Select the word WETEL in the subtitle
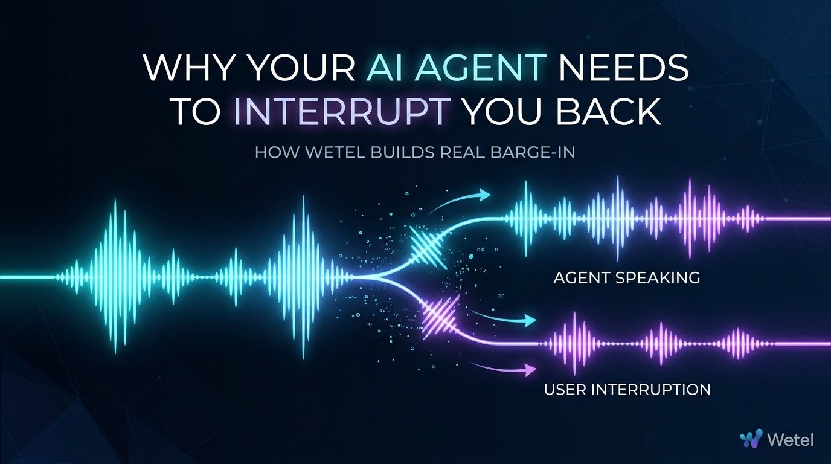[x=336, y=152]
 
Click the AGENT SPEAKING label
[x=627, y=278]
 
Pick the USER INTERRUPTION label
[x=627, y=390]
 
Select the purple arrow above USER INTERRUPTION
[x=502, y=367]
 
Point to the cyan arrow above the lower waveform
[x=502, y=318]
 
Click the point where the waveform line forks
[x=374, y=277]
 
